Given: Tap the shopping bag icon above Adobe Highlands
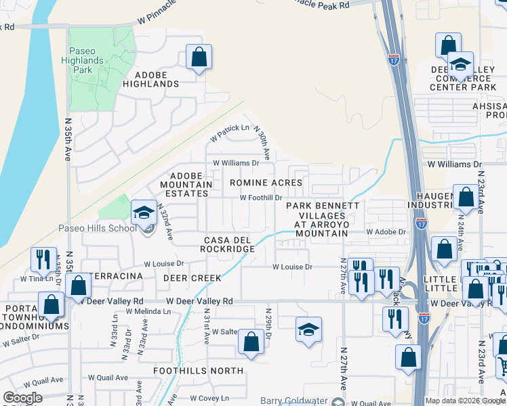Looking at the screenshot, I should (199, 58).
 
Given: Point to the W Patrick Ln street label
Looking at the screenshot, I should (230, 133).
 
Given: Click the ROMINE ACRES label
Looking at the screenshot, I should (266, 183).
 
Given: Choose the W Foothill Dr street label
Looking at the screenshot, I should (261, 198).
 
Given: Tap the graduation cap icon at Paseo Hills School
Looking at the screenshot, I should (144, 213).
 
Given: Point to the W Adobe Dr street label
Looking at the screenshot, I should (386, 231).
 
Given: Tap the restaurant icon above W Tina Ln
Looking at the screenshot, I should (42, 260).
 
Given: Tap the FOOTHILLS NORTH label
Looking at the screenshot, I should (198, 371).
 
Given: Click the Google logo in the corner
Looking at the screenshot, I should (23, 399).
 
